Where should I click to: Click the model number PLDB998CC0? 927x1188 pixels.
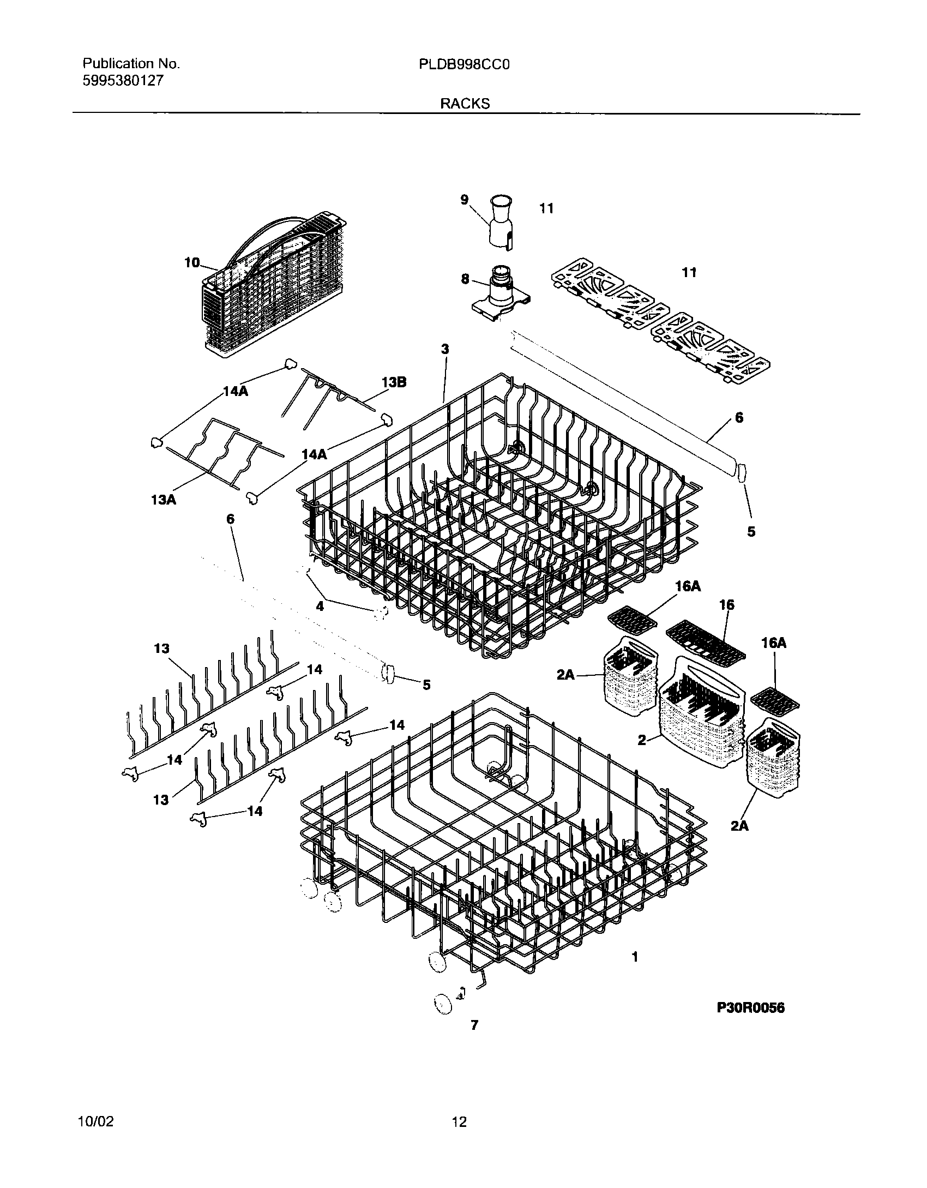[x=465, y=64]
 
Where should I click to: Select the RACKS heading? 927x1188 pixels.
[x=465, y=104]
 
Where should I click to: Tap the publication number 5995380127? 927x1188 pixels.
[x=123, y=81]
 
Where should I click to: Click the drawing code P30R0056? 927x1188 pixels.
[x=750, y=1008]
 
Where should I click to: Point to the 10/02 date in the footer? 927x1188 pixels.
[x=96, y=1122]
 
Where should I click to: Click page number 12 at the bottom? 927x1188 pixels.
[x=460, y=1122]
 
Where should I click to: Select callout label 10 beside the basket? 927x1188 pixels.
[x=192, y=263]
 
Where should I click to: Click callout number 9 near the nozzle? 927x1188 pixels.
[x=464, y=200]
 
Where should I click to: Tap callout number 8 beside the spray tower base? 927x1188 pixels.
[x=465, y=279]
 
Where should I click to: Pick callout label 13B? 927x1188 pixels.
[x=394, y=382]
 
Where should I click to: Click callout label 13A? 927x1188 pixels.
[x=164, y=499]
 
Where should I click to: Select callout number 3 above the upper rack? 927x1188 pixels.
[x=445, y=349]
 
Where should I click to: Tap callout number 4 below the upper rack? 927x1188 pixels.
[x=320, y=605]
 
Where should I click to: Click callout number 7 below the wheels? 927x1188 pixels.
[x=474, y=1025]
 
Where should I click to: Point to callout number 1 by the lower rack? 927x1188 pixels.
[x=635, y=957]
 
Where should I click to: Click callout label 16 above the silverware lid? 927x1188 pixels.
[x=726, y=604]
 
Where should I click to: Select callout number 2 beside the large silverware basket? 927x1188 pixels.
[x=642, y=740]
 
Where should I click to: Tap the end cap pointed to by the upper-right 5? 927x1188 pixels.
[x=741, y=473]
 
